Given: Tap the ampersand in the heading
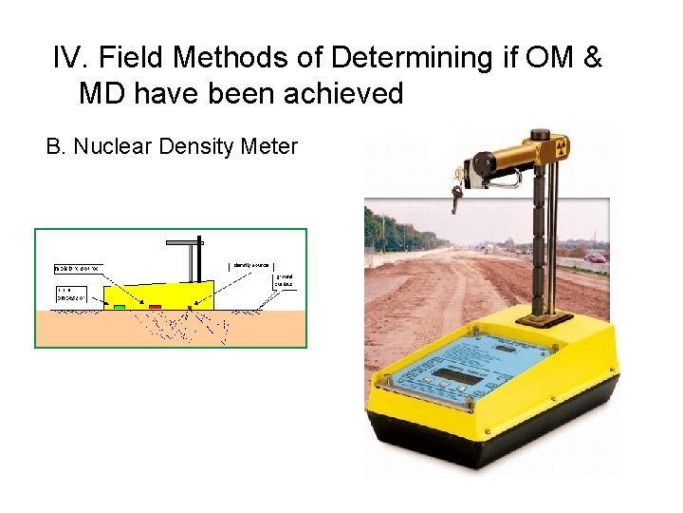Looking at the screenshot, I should tap(592, 59).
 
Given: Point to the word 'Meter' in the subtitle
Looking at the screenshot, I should tap(269, 147).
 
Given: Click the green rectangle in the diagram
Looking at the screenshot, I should tap(120, 307).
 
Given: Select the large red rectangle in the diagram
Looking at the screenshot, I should tap(155, 307).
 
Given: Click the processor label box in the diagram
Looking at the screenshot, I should tap(70, 294).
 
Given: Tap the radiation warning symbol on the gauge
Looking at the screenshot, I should tap(561, 147).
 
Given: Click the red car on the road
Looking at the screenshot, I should tap(596, 256).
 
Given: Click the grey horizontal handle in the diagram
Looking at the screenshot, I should tap(185, 243).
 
